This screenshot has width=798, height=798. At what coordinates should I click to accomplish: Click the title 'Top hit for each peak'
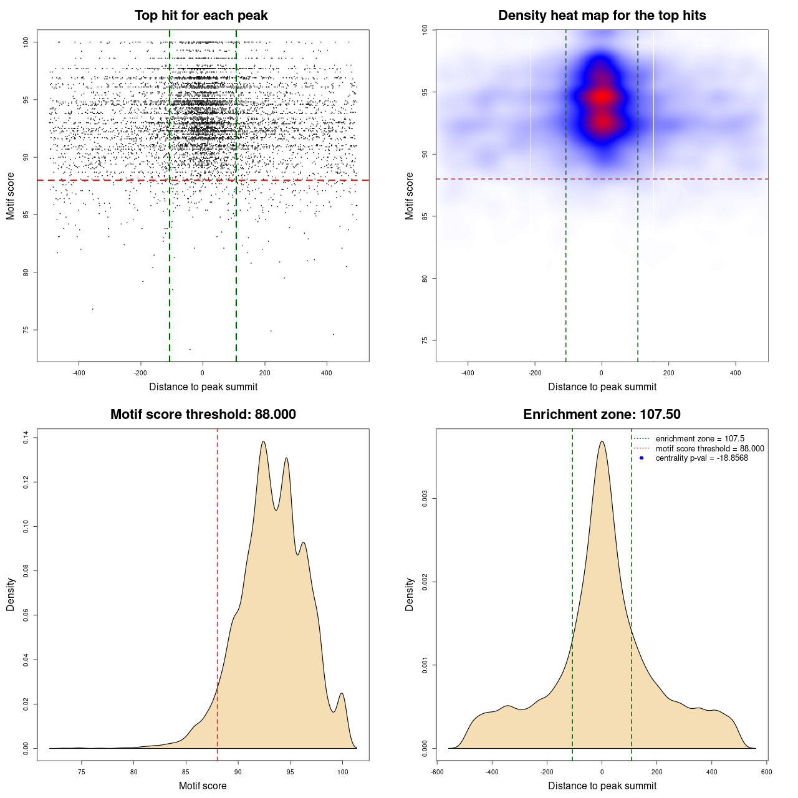click(201, 16)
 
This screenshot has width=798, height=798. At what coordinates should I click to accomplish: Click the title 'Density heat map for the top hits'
click(602, 16)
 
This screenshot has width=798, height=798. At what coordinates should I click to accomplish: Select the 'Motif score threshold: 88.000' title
click(203, 415)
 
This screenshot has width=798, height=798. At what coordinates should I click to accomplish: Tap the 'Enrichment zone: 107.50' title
click(602, 415)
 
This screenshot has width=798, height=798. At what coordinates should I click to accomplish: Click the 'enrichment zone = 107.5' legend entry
click(699, 439)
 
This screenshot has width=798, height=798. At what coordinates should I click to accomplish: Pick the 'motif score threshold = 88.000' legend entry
click(709, 448)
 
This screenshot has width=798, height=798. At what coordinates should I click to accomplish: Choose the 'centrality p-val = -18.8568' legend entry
click(701, 458)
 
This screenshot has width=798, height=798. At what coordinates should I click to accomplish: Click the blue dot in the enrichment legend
click(642, 458)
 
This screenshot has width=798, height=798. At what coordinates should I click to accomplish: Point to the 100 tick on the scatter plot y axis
click(26, 42)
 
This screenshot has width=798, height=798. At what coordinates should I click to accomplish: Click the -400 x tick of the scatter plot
click(79, 373)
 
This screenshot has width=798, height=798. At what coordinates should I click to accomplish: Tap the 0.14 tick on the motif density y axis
click(26, 438)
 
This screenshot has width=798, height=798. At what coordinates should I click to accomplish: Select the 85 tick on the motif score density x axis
click(186, 772)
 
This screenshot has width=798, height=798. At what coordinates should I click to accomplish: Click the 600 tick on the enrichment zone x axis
click(766, 772)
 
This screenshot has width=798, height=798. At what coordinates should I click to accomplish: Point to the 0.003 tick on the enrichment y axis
click(425, 499)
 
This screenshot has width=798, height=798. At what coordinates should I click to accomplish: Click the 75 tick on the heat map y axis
click(425, 340)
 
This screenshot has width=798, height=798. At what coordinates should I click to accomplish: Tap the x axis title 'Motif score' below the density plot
click(203, 786)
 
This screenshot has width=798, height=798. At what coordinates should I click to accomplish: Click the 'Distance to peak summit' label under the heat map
click(602, 387)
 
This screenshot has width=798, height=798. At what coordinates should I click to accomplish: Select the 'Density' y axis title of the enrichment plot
click(410, 594)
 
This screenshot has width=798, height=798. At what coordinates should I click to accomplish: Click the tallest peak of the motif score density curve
click(263, 441)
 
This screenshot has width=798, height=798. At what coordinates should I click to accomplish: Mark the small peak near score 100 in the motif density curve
click(342, 693)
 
